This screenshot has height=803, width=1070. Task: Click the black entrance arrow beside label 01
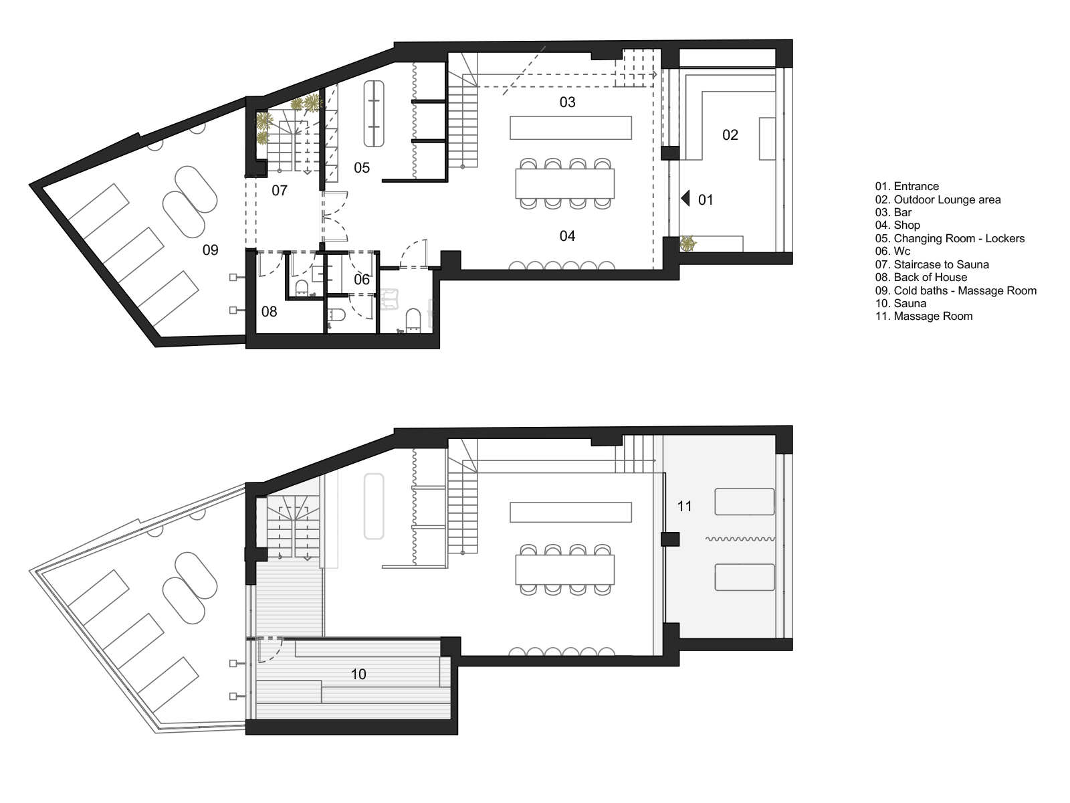tap(685, 199)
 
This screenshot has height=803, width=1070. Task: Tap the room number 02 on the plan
tap(730, 135)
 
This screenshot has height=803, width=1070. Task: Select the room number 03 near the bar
tap(567, 102)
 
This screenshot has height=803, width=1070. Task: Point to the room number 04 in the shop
tap(567, 236)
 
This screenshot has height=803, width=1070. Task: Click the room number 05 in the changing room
tap(361, 168)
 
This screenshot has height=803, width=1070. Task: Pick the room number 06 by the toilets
tap(361, 280)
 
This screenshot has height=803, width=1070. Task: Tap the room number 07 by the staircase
tap(280, 191)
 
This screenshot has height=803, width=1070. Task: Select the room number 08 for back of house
tap(269, 312)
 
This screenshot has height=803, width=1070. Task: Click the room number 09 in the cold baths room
tap(210, 250)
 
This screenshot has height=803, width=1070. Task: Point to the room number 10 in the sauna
tap(358, 675)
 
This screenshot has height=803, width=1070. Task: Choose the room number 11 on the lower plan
tap(684, 507)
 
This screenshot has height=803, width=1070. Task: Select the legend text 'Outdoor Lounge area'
tap(947, 200)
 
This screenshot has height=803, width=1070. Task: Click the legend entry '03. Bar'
tap(893, 213)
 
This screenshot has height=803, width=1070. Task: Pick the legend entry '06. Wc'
tap(893, 252)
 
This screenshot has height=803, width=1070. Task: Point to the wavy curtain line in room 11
tap(740, 539)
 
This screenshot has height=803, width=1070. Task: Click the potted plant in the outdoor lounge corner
tap(688, 244)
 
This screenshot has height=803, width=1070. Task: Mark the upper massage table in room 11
tap(744, 502)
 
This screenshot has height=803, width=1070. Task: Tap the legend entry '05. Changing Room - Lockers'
tap(950, 239)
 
